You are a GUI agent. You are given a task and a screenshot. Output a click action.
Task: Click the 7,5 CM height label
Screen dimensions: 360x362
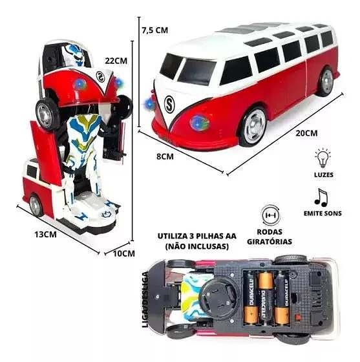pyautogui.click(x=155, y=30)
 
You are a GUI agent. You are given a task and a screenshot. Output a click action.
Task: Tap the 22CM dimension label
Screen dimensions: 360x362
pyautogui.click(x=116, y=61)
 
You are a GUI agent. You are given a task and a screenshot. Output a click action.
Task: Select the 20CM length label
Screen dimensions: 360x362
pyautogui.click(x=307, y=133)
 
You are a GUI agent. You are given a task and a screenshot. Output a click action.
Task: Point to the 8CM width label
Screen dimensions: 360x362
pyautogui.click(x=165, y=156)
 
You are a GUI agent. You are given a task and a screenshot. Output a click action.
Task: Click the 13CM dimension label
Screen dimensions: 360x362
pyautogui.click(x=45, y=235)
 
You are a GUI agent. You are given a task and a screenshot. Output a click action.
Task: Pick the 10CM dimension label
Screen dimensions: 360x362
pyautogui.click(x=124, y=253)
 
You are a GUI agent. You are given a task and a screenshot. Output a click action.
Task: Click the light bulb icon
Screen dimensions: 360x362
pyautogui.click(x=323, y=158)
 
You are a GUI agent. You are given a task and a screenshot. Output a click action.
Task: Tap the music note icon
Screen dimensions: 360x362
pyautogui.click(x=321, y=198)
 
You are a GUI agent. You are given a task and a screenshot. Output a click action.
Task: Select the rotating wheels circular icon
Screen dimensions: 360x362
pyautogui.click(x=271, y=216)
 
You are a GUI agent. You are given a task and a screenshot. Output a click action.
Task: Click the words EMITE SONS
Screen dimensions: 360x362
pyautogui.click(x=323, y=213)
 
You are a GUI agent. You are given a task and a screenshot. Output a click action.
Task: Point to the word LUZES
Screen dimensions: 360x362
pyautogui.click(x=324, y=175)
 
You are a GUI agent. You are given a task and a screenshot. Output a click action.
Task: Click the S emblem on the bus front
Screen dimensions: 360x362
pyautogui.click(x=169, y=105)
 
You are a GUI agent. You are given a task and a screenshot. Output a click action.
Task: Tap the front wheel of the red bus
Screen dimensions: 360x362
pyautogui.click(x=254, y=127)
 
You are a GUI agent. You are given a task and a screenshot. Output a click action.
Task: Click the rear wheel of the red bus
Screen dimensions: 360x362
pyautogui.click(x=325, y=82)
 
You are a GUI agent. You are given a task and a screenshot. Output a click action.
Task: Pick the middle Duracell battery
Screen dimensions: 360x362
pyautogui.click(x=266, y=299)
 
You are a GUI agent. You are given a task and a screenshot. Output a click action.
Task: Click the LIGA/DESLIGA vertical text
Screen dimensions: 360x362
pyautogui.click(x=145, y=299)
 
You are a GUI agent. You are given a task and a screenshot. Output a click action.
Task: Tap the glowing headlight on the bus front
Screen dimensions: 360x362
pyautogui.click(x=198, y=123)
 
